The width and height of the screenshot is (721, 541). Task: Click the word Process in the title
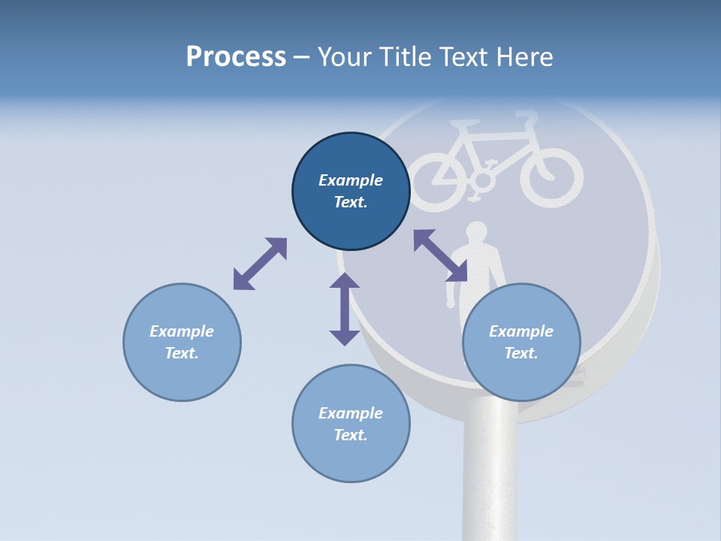(236, 57)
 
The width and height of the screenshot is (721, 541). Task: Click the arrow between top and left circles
(260, 264)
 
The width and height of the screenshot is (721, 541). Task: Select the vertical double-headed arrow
(345, 309)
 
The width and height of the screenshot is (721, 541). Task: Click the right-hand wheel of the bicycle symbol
(551, 179)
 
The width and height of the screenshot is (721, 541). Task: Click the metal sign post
(488, 473)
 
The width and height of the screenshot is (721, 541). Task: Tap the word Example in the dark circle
(351, 180)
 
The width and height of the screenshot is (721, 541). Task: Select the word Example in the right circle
(521, 331)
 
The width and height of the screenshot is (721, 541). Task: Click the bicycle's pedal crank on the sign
(482, 180)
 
